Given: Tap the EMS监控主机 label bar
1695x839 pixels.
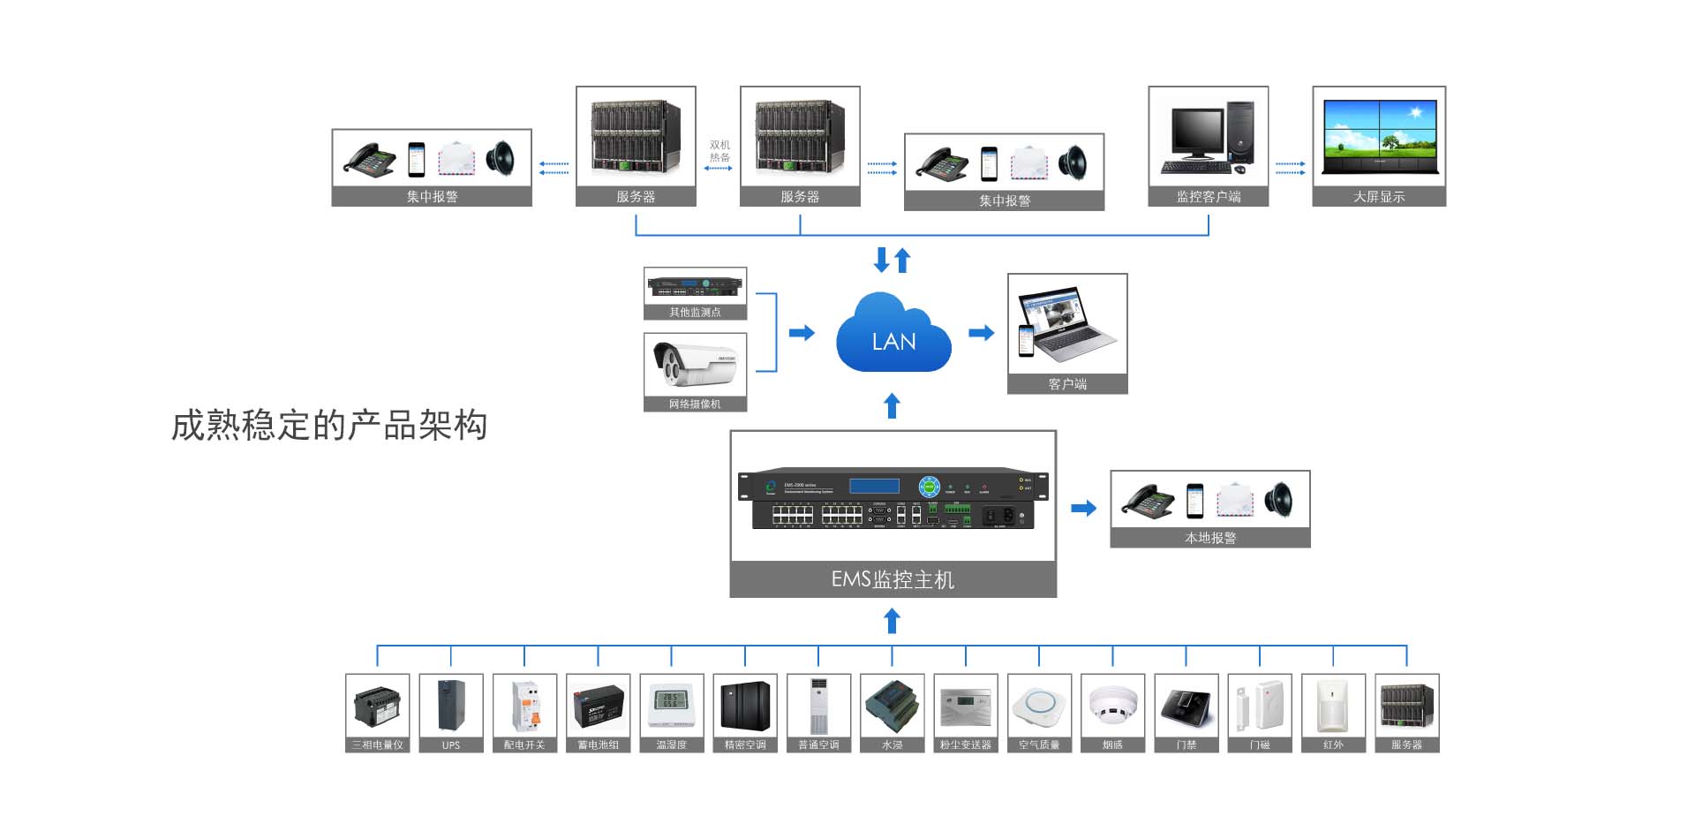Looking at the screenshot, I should pyautogui.click(x=893, y=579).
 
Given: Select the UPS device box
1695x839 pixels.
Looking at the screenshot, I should pyautogui.click(x=451, y=712).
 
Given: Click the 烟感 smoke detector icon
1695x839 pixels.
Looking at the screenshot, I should pyautogui.click(x=1112, y=707).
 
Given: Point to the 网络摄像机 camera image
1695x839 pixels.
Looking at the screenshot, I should pyautogui.click(x=695, y=364).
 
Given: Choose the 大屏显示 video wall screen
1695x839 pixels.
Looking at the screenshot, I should pyautogui.click(x=1379, y=138).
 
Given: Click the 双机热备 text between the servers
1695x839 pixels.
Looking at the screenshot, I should pyautogui.click(x=719, y=151).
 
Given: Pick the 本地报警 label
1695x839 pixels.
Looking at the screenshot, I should pyautogui.click(x=1210, y=538).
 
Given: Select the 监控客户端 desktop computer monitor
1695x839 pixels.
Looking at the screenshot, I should pyautogui.click(x=1196, y=132).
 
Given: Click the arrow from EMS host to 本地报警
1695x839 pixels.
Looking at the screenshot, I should pyautogui.click(x=1083, y=509).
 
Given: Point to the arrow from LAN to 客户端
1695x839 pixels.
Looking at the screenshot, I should pyautogui.click(x=981, y=333).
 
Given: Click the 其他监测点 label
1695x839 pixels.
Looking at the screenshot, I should pyautogui.click(x=695, y=313).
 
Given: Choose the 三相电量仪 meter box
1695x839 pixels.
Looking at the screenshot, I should pyautogui.click(x=378, y=712).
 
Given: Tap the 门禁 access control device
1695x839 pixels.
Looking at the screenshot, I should pyautogui.click(x=1186, y=707).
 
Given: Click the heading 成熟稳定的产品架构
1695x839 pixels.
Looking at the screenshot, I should pyautogui.click(x=329, y=426).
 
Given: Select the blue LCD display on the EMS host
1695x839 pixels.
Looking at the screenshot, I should pyautogui.click(x=874, y=486).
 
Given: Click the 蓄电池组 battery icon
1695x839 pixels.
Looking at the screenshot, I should pyautogui.click(x=599, y=707).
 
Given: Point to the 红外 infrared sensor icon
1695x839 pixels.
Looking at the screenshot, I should pyautogui.click(x=1333, y=707).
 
